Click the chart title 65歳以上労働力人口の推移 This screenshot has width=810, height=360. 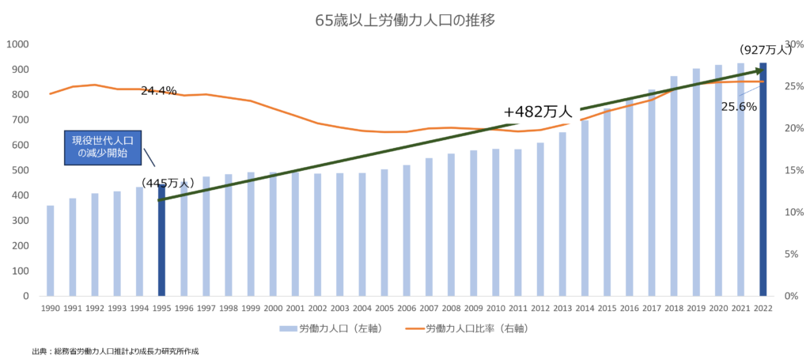[405, 21]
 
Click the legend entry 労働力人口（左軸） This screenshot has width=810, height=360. [331, 328]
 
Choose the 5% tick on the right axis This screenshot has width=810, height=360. [792, 254]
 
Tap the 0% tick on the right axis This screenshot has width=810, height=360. [792, 296]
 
